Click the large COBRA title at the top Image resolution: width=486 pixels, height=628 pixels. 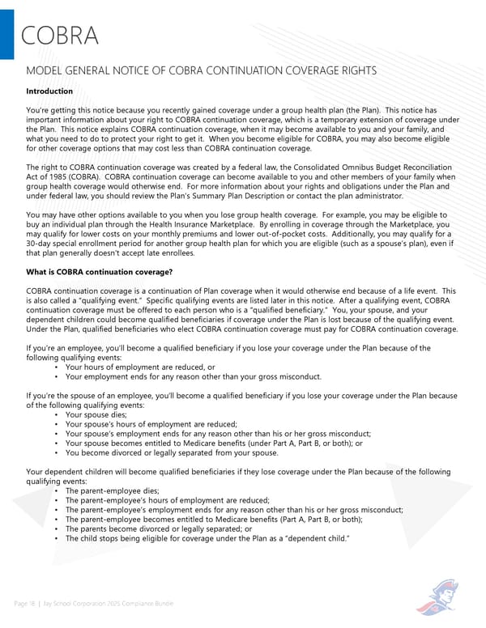click(59, 36)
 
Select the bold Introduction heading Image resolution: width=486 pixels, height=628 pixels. click(50, 91)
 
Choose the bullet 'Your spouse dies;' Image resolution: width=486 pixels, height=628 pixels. click(96, 414)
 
